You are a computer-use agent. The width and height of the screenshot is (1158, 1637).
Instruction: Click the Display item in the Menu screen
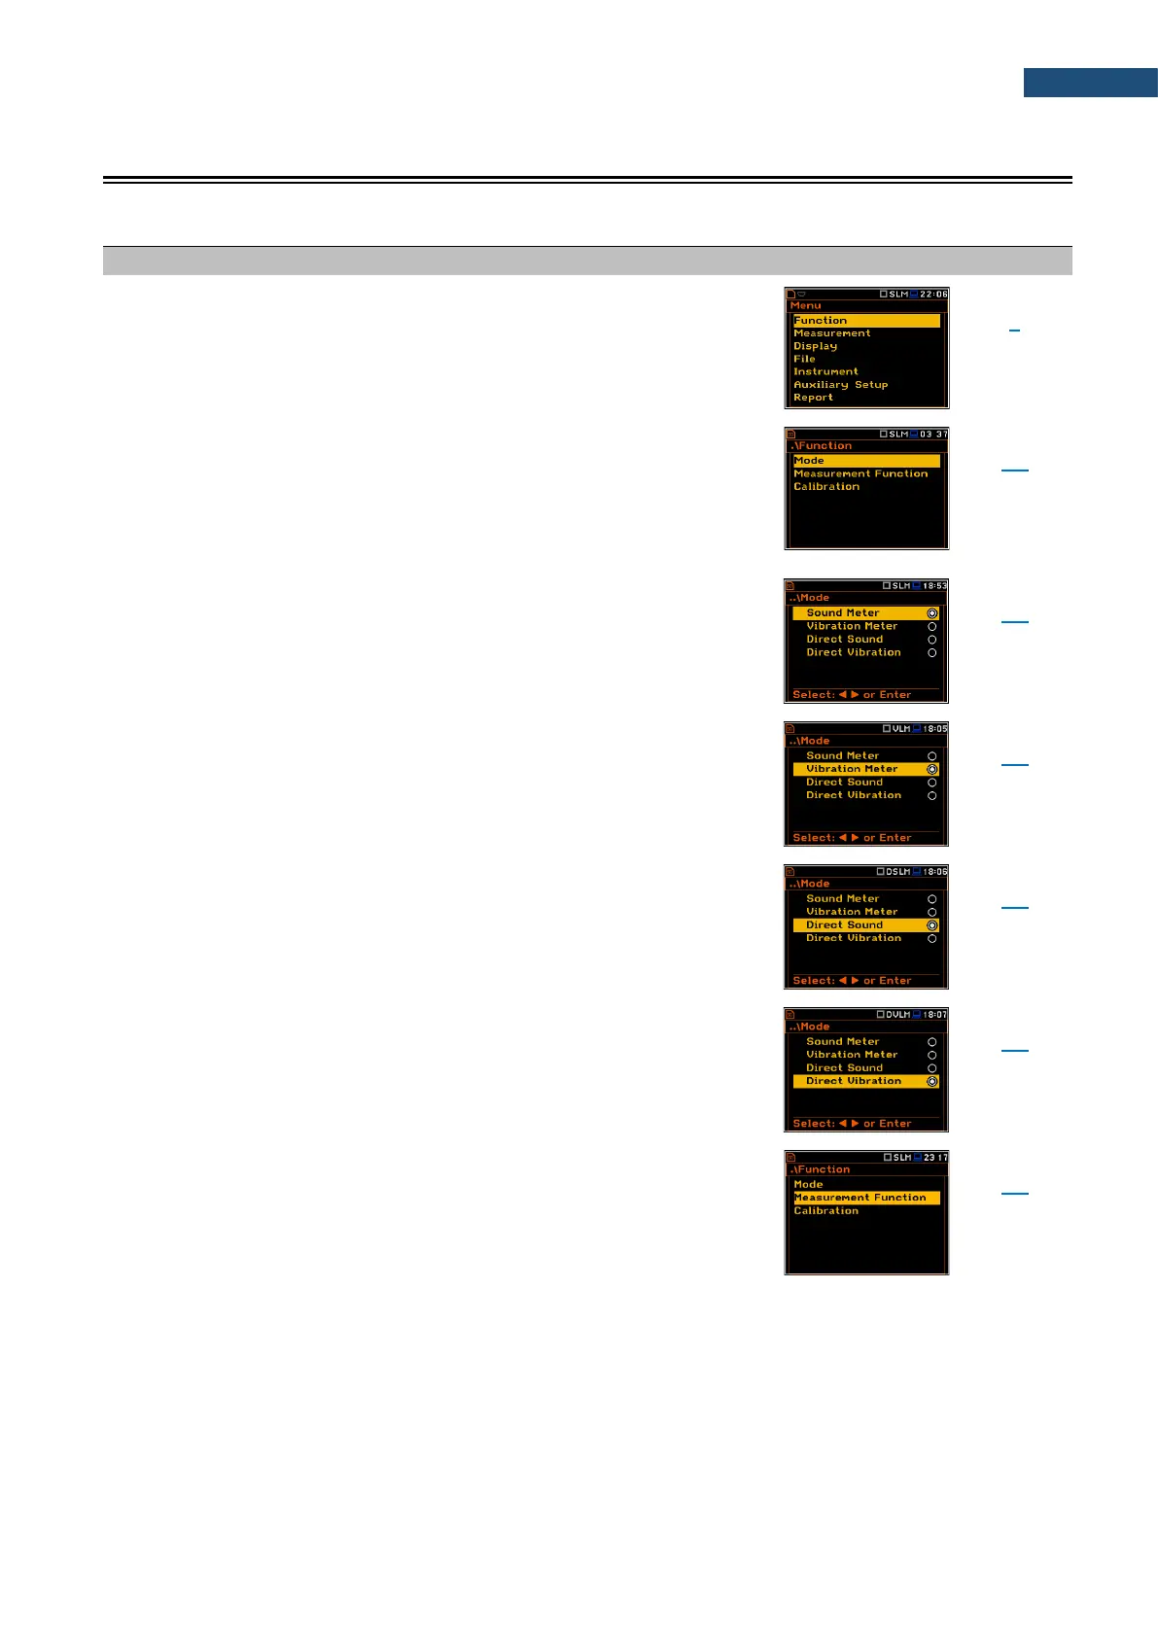point(816,346)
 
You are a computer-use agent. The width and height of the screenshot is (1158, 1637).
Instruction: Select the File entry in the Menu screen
point(805,359)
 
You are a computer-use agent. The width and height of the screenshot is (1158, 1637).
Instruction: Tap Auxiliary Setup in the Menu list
point(841,385)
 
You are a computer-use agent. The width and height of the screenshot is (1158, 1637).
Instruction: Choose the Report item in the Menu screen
point(814,398)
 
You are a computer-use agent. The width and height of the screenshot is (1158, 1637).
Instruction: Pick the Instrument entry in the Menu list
point(826,371)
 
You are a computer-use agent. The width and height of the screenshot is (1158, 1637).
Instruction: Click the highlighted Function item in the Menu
point(866,320)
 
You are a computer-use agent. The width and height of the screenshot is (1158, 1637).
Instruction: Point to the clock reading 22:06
point(933,294)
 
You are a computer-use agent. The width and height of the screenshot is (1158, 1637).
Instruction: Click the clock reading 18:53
point(934,586)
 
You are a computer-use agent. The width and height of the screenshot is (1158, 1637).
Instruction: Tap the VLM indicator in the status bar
point(900,728)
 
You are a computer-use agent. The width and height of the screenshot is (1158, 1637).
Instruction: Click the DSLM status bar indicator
point(897,871)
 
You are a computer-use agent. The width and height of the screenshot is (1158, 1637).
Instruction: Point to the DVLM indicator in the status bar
point(897,1014)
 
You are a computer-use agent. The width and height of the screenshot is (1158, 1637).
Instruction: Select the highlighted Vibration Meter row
point(865,769)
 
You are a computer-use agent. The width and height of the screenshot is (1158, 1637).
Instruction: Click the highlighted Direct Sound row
point(865,925)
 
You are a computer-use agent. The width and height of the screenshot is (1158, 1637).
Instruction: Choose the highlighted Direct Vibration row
point(865,1081)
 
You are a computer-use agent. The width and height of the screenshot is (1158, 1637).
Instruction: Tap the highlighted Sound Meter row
point(865,613)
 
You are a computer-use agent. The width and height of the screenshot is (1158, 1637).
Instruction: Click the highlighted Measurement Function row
point(866,1198)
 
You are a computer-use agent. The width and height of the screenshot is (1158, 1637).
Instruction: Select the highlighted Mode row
point(866,461)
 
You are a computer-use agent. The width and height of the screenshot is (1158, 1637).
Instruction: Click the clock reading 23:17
point(935,1158)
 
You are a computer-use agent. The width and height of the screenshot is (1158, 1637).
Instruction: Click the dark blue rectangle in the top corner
point(1090,83)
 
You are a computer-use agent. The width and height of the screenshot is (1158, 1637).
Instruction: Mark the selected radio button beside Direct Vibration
point(931,1081)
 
